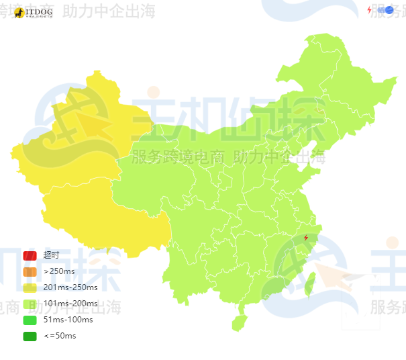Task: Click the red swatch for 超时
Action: pos(30,255)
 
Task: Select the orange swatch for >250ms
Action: pos(30,271)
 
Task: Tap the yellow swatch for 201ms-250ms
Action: pos(30,287)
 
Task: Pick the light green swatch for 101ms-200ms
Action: pos(30,304)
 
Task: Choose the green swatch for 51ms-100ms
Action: pos(30,320)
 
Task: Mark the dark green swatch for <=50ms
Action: pos(30,336)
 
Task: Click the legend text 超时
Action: pos(51,255)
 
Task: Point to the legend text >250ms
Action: pos(59,271)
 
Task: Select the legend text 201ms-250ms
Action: pos(70,287)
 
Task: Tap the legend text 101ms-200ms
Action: pos(70,304)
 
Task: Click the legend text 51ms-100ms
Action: pos(68,320)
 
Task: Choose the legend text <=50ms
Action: pos(60,336)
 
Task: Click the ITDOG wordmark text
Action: pos(39,11)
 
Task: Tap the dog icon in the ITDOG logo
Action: pos(19,12)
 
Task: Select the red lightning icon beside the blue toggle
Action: pos(369,10)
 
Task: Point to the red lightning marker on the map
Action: pos(306,237)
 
